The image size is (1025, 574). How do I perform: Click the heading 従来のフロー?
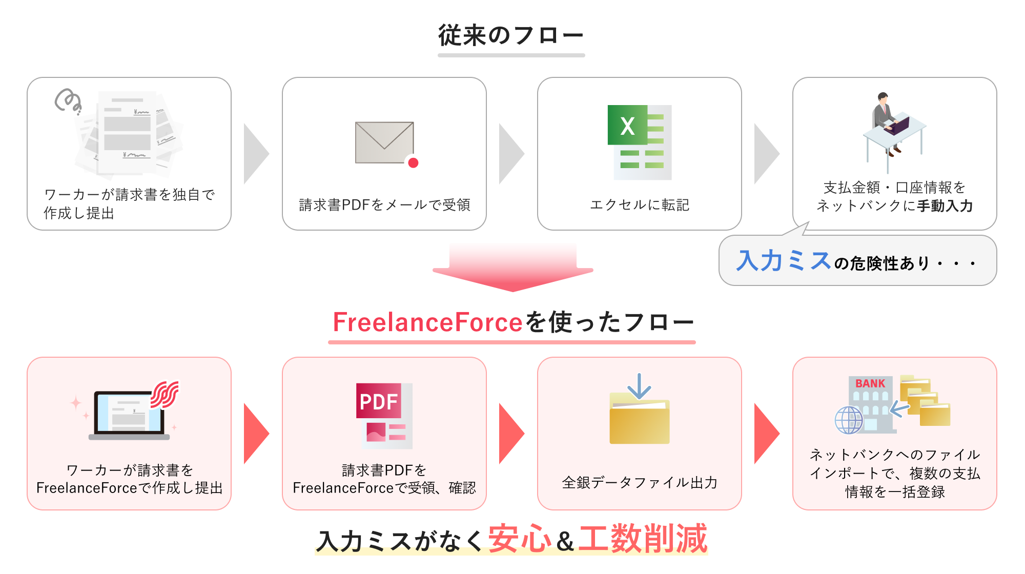point(511,36)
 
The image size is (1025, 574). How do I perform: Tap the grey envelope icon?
point(384,142)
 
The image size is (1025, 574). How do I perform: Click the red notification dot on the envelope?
point(413,163)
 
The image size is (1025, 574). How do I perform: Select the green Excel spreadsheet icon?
point(639,142)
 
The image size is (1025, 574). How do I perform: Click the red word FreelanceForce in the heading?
point(427,322)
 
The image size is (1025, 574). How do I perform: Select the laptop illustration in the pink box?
point(129,415)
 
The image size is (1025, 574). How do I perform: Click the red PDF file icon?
point(384,416)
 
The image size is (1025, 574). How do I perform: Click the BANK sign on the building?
point(870,383)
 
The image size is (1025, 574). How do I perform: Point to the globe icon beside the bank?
point(849,420)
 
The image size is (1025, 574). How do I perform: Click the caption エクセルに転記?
point(640,205)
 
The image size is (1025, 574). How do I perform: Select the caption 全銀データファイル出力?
point(640,483)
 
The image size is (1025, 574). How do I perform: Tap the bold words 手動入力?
point(945,206)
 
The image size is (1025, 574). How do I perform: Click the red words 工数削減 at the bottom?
point(643,539)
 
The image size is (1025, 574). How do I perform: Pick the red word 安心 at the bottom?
point(519,539)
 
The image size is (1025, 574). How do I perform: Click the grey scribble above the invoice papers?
point(68,100)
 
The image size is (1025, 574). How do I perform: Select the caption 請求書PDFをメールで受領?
point(384,205)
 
